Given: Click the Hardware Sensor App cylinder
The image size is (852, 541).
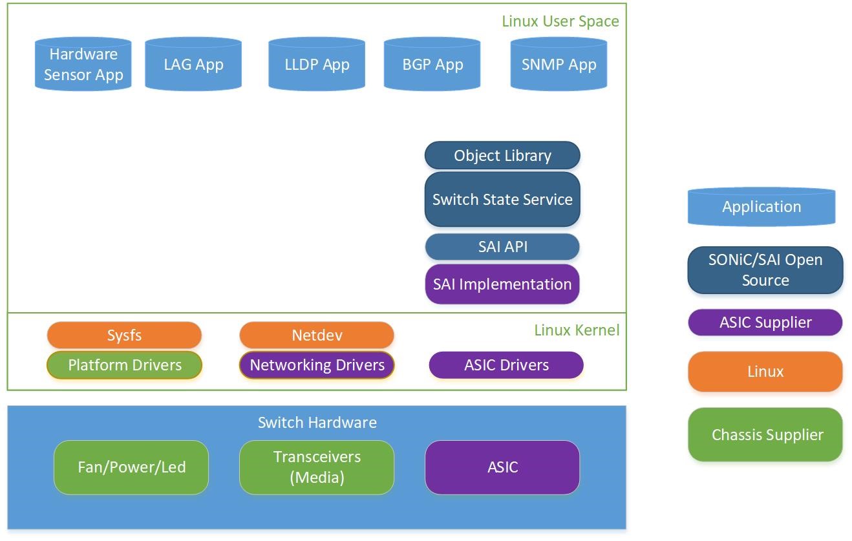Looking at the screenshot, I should [x=83, y=64].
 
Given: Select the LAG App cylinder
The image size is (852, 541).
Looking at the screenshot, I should [x=193, y=64].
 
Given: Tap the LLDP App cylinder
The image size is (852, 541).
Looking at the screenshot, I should [x=317, y=64].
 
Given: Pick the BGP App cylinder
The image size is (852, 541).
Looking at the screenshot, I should [x=432, y=64].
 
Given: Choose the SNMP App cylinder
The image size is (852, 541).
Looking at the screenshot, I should [x=559, y=64].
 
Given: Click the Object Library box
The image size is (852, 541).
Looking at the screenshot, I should [x=502, y=156].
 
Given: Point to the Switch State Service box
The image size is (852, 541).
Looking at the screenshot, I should [x=502, y=199].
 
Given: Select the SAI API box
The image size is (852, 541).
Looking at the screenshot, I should [x=502, y=247].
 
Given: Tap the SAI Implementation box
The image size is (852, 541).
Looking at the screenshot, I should [x=502, y=284].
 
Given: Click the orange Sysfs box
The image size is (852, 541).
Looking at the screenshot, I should [x=124, y=335].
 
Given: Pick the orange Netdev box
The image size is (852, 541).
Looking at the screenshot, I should [x=317, y=335].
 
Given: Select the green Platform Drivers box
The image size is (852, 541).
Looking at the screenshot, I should [x=124, y=365].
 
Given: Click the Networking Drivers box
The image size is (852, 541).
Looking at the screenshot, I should [x=317, y=365].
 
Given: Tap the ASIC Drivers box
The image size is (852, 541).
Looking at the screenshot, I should [x=506, y=365].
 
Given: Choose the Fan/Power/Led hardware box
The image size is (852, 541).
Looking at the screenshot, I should [x=131, y=467].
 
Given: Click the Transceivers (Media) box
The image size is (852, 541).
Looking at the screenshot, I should [x=317, y=467].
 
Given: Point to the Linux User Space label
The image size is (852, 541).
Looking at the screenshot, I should [x=560, y=21].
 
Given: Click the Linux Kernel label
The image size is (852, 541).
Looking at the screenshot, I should [x=577, y=330].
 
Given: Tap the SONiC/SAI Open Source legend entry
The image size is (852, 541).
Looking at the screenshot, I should [x=765, y=270].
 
